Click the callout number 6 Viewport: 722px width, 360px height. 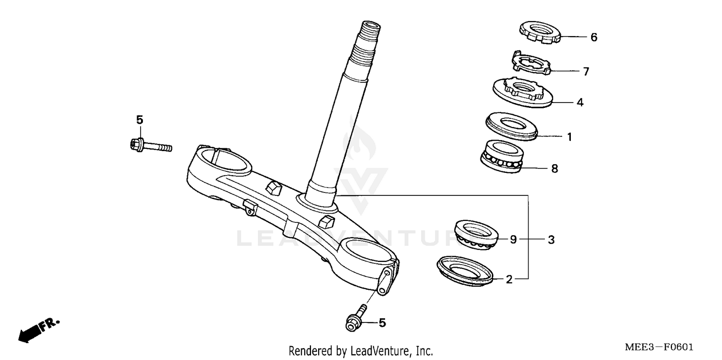pos(593,37)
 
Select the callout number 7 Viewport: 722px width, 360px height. pos(586,72)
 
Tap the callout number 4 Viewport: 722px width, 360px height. pos(580,103)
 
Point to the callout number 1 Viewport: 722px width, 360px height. pos(569,137)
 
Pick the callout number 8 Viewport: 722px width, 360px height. pos(554,169)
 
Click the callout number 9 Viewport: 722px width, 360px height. pos(513,239)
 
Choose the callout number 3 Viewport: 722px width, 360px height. pos(551,239)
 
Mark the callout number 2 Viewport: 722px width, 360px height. pos(509,279)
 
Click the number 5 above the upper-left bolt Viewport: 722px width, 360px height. pos(140,120)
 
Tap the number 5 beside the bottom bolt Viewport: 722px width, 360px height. pos(382,323)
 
